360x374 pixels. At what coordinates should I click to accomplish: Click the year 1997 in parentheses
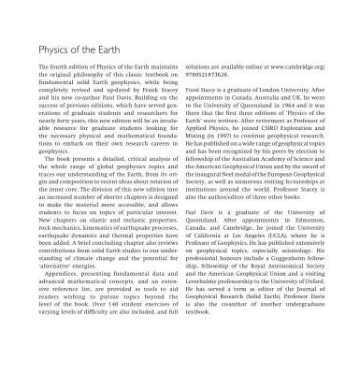coord(226,147)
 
